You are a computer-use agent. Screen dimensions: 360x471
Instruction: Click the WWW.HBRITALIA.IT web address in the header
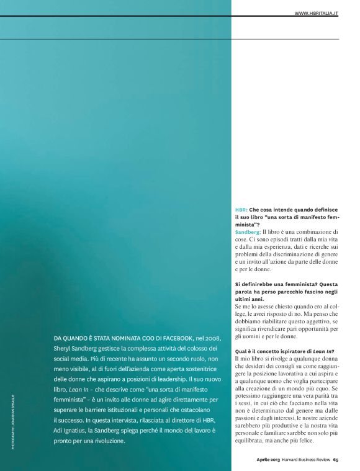click(316, 12)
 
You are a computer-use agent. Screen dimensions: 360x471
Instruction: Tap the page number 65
click(335, 460)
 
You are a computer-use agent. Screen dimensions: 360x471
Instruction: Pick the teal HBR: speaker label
click(241, 210)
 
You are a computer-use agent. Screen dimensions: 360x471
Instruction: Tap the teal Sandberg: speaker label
click(248, 231)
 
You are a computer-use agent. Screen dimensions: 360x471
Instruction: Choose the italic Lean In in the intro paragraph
click(77, 390)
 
